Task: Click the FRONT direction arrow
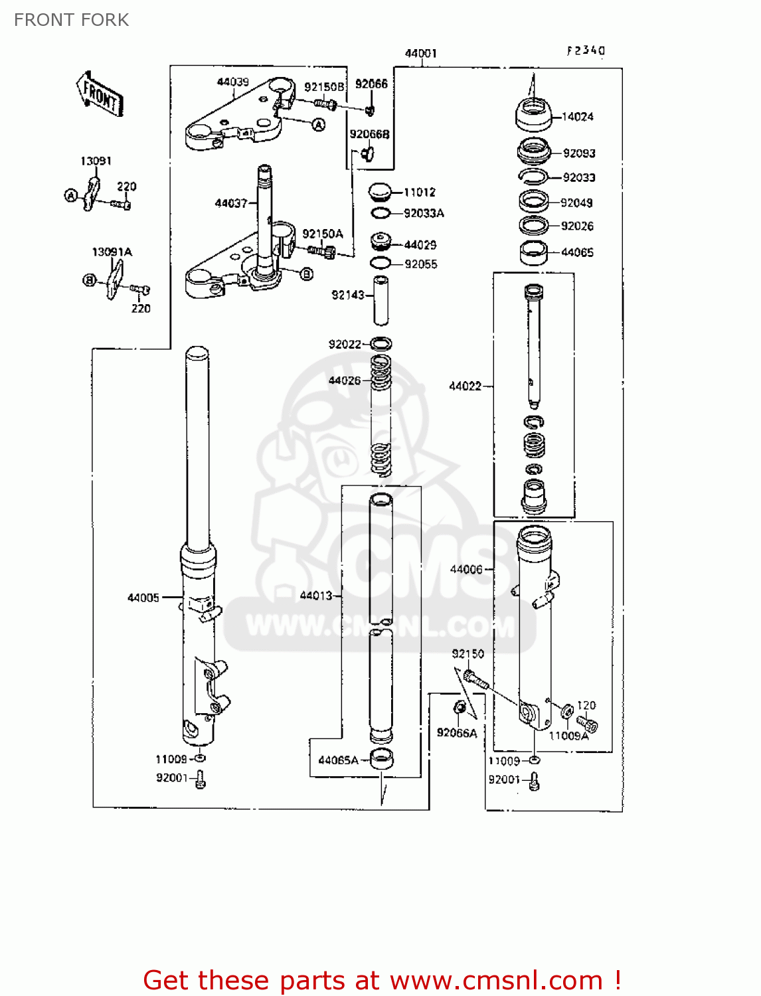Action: click(100, 95)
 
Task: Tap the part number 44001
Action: click(421, 53)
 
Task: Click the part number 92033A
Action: click(424, 213)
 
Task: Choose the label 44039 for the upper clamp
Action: click(232, 82)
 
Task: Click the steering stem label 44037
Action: click(230, 203)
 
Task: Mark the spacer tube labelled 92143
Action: click(380, 300)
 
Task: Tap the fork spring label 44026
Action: click(345, 380)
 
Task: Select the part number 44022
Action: click(465, 386)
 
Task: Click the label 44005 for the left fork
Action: click(143, 598)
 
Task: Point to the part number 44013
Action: click(315, 596)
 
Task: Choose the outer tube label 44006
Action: click(466, 569)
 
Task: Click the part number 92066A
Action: click(457, 733)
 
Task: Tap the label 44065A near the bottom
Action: click(338, 760)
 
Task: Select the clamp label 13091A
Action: click(112, 252)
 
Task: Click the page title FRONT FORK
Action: click(72, 20)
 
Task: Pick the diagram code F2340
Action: click(586, 50)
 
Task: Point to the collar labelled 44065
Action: click(533, 253)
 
